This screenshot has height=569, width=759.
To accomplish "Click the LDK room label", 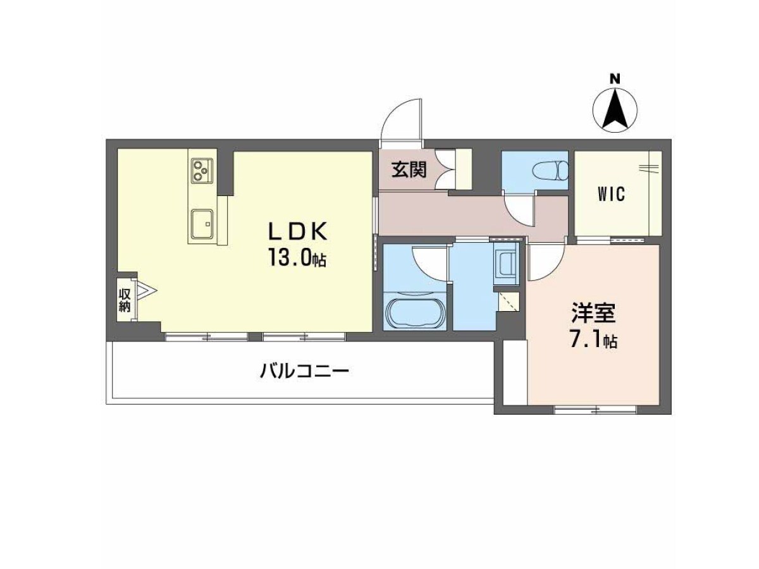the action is click(x=297, y=231).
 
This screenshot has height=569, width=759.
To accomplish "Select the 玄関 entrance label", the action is click(x=409, y=170).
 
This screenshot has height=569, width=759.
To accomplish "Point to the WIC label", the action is click(x=612, y=194).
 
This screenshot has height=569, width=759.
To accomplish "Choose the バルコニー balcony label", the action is click(x=304, y=372).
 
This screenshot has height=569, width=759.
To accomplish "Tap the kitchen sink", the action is click(x=202, y=224).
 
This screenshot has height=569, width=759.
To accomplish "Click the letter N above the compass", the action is click(x=614, y=80).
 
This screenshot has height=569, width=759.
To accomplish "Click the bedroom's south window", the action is click(x=595, y=410).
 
